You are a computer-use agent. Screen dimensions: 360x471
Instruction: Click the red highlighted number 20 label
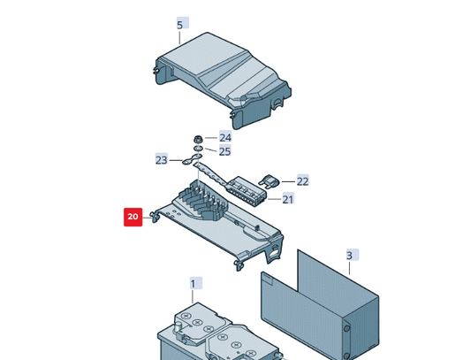coord(133,217)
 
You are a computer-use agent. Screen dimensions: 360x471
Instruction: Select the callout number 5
coord(180,25)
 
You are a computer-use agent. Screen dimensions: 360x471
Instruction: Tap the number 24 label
coord(225,137)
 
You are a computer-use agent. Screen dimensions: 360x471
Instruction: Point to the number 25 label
coord(225,151)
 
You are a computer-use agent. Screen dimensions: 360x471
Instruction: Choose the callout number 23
coord(161,160)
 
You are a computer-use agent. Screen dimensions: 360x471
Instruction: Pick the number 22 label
coord(302,181)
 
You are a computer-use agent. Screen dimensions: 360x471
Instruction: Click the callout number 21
coord(288,199)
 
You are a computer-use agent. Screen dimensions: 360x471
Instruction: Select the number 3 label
coord(349,256)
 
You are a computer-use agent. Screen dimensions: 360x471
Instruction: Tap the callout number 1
coord(194,283)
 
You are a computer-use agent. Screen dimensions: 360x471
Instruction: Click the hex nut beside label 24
coord(199,138)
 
